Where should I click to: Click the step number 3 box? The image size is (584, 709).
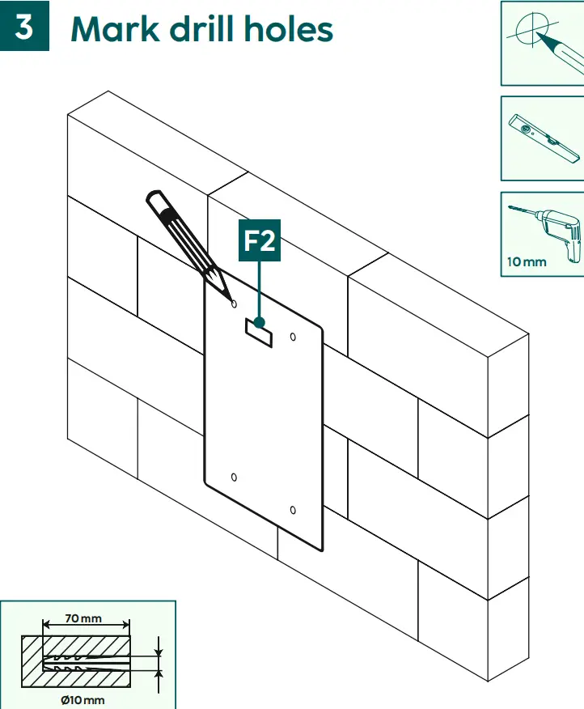24,27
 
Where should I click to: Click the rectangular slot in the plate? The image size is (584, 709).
260,332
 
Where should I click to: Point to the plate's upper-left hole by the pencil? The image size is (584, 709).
234,304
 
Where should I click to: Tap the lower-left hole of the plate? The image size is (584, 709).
234,478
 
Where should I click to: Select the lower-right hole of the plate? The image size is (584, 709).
293,510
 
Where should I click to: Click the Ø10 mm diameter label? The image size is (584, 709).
83,699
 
